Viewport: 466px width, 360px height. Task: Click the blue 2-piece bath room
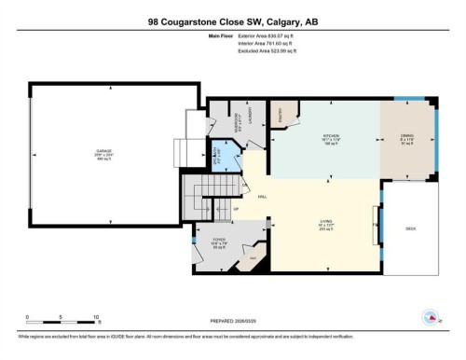[x=215, y=152]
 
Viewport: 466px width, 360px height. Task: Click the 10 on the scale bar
[x=96, y=317]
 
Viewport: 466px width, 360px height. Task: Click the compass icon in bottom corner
[x=431, y=315]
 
